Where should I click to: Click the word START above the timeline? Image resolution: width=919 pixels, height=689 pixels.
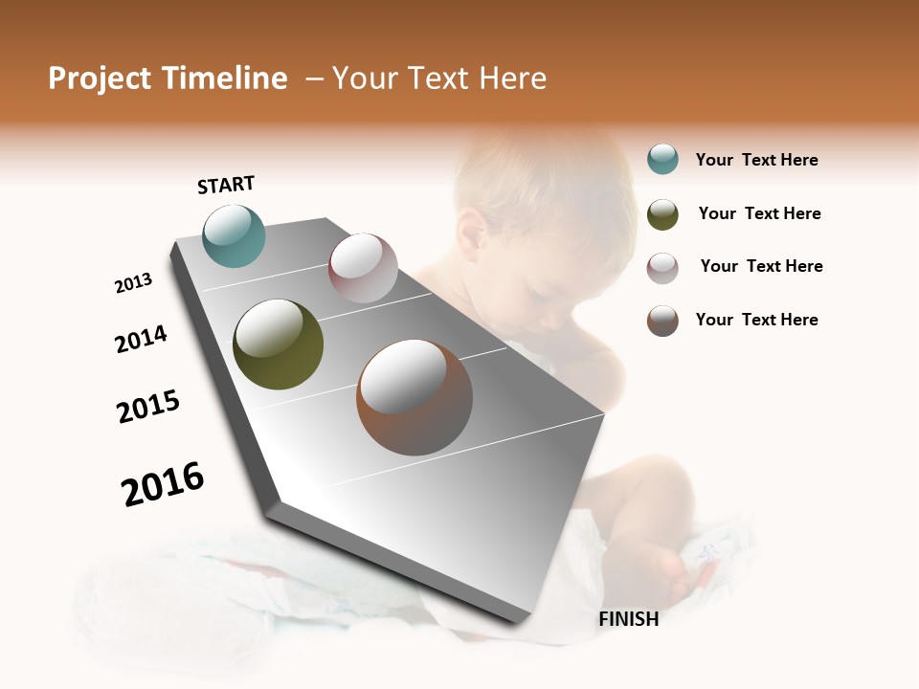[226, 185]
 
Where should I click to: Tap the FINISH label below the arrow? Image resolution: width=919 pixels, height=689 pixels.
[628, 619]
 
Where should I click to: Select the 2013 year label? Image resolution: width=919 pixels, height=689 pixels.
[133, 283]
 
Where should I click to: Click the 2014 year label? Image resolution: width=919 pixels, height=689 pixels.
[141, 339]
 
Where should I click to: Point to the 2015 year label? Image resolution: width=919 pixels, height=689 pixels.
[148, 407]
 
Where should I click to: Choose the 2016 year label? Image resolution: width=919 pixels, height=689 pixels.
[163, 484]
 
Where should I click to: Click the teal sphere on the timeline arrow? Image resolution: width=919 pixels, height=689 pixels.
[234, 235]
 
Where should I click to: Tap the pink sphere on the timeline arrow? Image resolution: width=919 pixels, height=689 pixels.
[363, 268]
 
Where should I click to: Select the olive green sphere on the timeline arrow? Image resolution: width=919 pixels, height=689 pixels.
[278, 344]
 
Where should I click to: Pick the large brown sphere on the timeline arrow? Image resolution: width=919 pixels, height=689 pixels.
[415, 397]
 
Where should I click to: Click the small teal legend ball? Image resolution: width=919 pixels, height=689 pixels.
[662, 160]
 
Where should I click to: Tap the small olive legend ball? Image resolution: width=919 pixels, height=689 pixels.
[662, 214]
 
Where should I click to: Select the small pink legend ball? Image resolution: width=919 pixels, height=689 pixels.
[662, 267]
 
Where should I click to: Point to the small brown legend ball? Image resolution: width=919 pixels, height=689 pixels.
[662, 321]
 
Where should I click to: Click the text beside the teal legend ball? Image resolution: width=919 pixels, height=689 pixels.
[756, 160]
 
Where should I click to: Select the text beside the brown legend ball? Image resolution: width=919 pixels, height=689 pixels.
[756, 320]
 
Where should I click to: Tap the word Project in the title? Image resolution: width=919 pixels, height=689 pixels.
[99, 78]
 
